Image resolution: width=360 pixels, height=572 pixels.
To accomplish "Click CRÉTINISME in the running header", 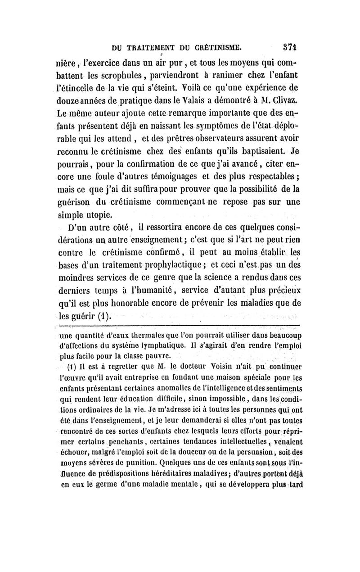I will click(217, 46).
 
